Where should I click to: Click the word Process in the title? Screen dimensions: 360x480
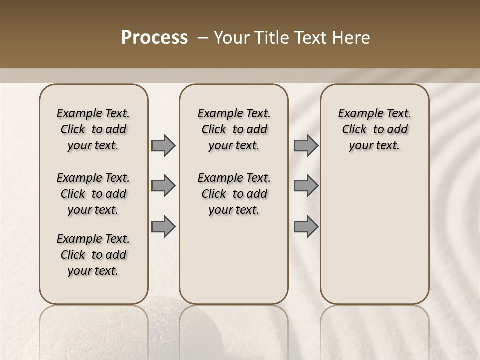(154, 37)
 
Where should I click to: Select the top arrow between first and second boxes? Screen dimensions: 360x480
(163, 145)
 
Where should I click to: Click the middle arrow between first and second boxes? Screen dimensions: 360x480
(163, 186)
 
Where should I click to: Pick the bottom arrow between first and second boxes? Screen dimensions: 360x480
(163, 226)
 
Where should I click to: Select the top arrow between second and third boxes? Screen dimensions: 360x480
(306, 145)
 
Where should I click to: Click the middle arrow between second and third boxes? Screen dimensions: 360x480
(306, 186)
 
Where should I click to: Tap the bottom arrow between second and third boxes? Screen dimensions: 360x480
(306, 226)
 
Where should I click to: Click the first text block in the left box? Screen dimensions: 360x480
(93, 129)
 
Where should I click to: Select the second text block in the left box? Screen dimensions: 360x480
(93, 194)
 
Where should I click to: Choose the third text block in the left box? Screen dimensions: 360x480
(93, 255)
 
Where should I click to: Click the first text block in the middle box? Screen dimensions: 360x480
(234, 129)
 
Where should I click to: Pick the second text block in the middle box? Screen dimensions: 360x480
(234, 194)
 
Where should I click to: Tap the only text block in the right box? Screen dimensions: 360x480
(375, 129)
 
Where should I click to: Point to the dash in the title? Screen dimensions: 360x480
(203, 37)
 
